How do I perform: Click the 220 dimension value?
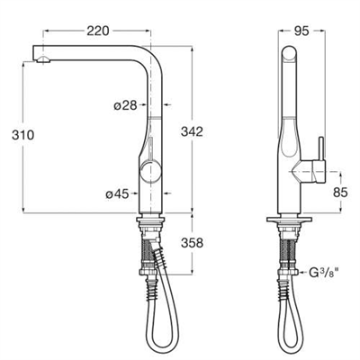click(x=98, y=31)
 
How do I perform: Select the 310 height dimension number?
click(x=23, y=135)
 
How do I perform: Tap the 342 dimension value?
click(x=192, y=131)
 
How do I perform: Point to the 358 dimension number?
click(x=192, y=243)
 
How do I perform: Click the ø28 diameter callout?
click(x=125, y=105)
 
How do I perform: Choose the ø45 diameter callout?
click(x=117, y=194)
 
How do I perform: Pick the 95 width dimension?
click(x=301, y=31)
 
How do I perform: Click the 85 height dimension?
click(x=340, y=193)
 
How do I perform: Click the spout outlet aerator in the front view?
click(x=43, y=59)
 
